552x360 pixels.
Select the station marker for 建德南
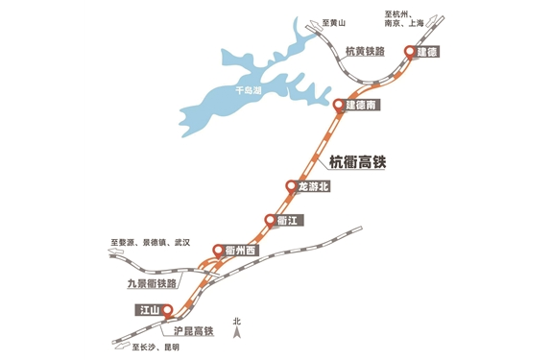[x=339, y=105]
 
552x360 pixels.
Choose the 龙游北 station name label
[x=314, y=187]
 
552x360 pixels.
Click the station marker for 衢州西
[x=218, y=252]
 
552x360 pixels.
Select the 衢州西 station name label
[x=241, y=252]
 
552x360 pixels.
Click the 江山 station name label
[x=148, y=310]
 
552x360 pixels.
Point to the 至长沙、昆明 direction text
[x=156, y=347]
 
